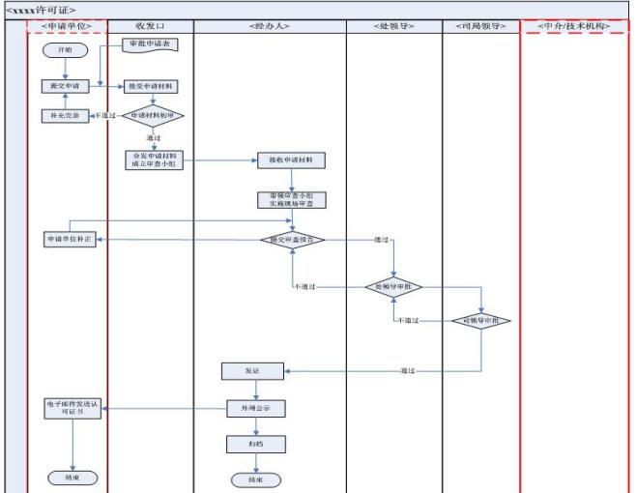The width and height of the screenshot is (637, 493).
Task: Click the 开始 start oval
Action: coord(64,48)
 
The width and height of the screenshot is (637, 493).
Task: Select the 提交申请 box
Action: coord(64,86)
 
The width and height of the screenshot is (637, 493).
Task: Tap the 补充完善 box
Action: coord(64,115)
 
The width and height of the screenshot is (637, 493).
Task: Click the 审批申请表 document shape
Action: coord(149,44)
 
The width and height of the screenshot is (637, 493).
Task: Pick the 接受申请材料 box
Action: coord(152,86)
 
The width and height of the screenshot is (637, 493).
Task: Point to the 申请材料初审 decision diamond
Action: coord(152,115)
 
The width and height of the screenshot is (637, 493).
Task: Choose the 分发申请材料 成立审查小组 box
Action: coord(152,159)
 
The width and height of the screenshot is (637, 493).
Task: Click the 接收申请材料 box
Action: coord(290,159)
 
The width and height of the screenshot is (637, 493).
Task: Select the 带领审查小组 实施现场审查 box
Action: coord(290,200)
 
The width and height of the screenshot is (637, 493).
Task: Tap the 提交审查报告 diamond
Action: coord(292,239)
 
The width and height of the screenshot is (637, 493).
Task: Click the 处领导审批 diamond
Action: coord(393,287)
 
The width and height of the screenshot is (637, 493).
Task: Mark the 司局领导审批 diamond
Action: coord(481,321)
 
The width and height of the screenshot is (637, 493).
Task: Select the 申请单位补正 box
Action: coord(69,239)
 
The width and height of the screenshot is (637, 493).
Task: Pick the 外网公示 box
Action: coord(255,408)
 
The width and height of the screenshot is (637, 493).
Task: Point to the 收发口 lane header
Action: coord(150,24)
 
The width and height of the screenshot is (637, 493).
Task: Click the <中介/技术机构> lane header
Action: coord(573,24)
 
